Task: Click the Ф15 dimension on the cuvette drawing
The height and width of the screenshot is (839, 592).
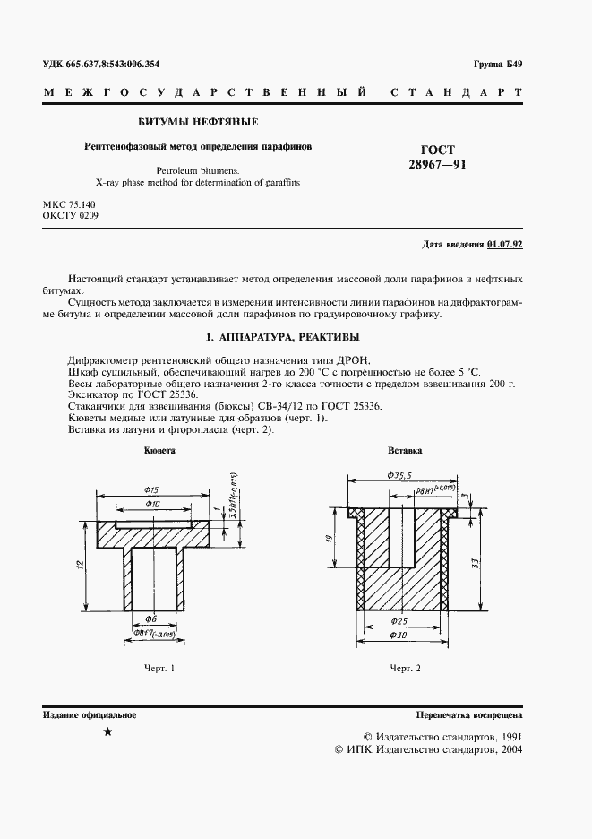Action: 150,490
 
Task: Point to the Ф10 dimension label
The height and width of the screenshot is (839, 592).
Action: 152,506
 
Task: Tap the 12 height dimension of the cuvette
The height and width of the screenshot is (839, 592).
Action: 81,566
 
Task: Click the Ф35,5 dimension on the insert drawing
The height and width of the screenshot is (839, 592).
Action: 399,477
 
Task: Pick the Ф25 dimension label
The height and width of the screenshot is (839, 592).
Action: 400,620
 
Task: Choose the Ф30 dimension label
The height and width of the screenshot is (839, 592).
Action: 400,636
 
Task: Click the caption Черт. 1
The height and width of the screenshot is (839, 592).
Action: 159,669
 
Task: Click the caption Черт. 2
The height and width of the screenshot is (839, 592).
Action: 406,669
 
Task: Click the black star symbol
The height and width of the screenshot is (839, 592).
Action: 107,733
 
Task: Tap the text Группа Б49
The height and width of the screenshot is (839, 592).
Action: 497,65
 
